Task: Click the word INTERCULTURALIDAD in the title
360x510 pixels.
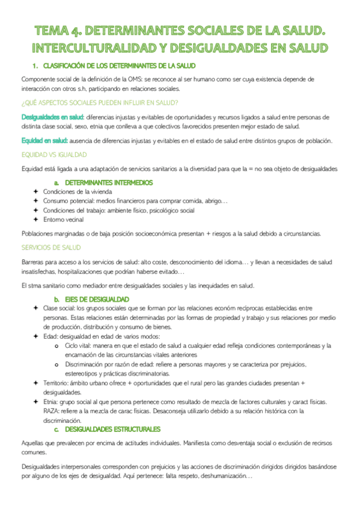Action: [97, 48]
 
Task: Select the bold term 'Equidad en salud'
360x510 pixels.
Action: [43, 141]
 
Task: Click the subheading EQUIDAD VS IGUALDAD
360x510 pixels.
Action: [52, 154]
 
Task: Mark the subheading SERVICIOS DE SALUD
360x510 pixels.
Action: [51, 247]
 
